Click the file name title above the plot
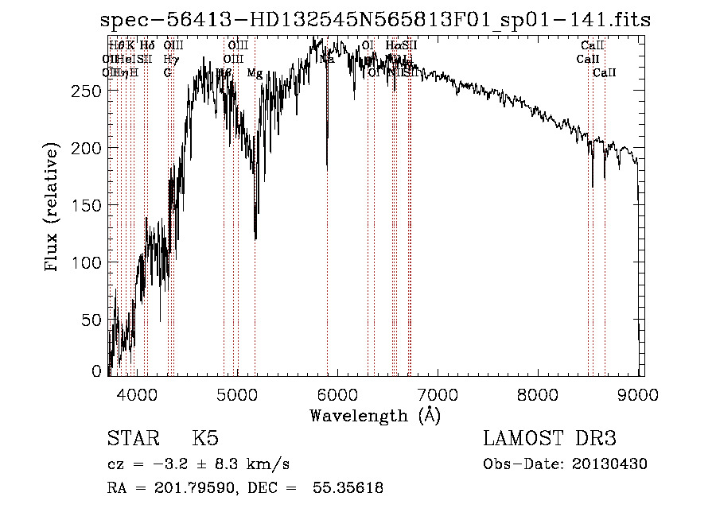click(376, 21)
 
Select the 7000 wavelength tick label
click(438, 393)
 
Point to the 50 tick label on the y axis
click(91, 320)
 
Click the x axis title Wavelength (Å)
click(375, 415)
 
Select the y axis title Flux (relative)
click(53, 208)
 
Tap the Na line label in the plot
click(327, 59)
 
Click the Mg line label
click(255, 73)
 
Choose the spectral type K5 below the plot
click(205, 439)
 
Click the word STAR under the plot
click(131, 439)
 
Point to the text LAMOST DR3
click(550, 439)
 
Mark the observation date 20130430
click(613, 464)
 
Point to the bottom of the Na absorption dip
click(327, 168)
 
